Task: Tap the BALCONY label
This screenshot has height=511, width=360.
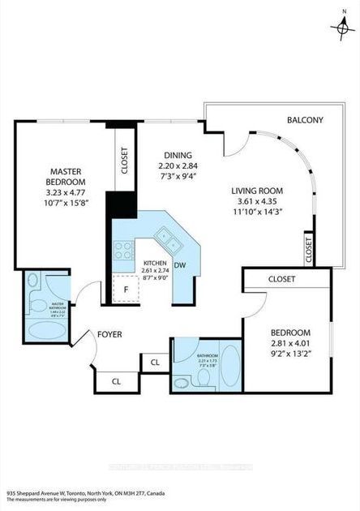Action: (x=305, y=121)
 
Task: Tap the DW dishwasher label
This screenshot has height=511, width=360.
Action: (x=181, y=265)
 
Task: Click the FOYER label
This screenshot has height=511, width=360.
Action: (x=110, y=333)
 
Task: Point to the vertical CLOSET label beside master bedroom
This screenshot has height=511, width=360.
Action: (x=124, y=161)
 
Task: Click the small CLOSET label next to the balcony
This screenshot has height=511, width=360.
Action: (x=308, y=250)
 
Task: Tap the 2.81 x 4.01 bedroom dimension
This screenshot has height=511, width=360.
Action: (x=290, y=344)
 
